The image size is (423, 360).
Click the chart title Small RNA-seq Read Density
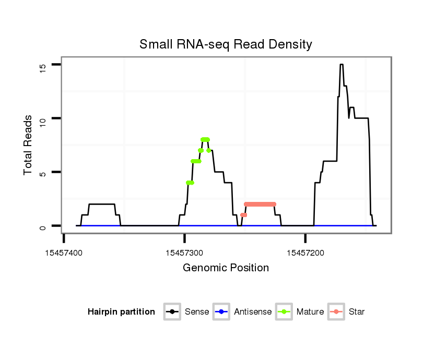(x=226, y=44)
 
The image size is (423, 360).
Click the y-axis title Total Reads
(x=28, y=145)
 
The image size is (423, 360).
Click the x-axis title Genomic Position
(x=226, y=268)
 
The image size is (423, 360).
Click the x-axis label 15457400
(x=64, y=253)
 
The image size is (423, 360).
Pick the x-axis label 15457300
(x=184, y=253)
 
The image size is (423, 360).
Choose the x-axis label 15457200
(x=305, y=253)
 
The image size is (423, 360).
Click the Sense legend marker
(x=172, y=312)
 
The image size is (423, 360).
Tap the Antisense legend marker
(x=221, y=312)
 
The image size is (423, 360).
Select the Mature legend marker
(x=284, y=312)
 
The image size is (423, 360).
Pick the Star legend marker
(x=336, y=312)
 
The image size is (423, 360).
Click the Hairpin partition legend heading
(x=121, y=312)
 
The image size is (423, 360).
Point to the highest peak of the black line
(x=341, y=65)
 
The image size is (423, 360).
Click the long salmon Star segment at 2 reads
(x=260, y=204)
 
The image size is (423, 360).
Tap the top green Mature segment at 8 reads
(x=205, y=139)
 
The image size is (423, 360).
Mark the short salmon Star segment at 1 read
(x=244, y=215)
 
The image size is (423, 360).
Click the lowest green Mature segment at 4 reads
(x=190, y=183)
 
